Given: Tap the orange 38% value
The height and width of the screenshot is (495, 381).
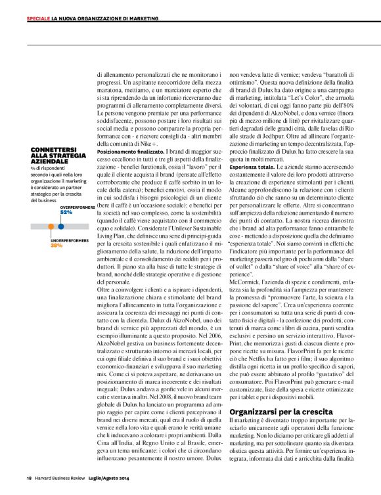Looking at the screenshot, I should pyautogui.click(x=56, y=245).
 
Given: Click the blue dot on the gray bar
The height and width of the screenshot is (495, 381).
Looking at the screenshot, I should pyautogui.click(x=61, y=225).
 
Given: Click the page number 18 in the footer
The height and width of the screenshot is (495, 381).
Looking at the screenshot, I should pyautogui.click(x=29, y=477).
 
